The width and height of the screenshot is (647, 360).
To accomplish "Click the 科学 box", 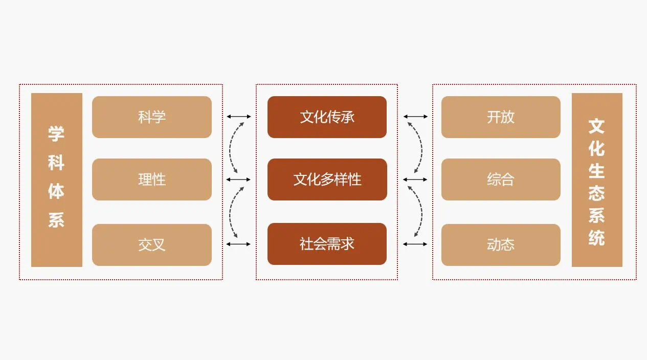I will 152,117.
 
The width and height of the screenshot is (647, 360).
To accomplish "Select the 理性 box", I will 152,179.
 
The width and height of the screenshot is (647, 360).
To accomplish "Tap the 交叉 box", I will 152,244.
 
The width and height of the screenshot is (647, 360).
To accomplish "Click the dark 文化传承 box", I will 327,117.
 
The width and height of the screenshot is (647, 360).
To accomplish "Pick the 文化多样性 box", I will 327,179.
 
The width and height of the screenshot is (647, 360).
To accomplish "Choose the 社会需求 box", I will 327,244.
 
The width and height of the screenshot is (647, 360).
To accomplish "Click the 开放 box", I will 501,117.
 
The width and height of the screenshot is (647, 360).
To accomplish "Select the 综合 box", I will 501,179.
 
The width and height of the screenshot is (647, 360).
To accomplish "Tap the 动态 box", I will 501,244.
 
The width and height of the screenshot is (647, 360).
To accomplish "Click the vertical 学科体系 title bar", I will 57,180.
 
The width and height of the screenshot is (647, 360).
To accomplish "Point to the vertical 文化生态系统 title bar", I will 597,180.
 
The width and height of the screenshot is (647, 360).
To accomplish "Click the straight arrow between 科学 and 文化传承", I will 239,117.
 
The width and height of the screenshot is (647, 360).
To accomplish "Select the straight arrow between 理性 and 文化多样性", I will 239,179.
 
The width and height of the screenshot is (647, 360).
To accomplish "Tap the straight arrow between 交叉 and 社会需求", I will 239,244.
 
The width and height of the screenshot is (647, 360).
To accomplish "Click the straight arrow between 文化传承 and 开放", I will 415,117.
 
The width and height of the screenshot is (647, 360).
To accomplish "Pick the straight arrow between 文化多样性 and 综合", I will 415,179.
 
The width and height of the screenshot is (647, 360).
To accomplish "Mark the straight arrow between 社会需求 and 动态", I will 415,244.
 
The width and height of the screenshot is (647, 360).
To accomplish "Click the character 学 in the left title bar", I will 56,134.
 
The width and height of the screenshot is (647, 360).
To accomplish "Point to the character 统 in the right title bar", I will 596,237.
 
